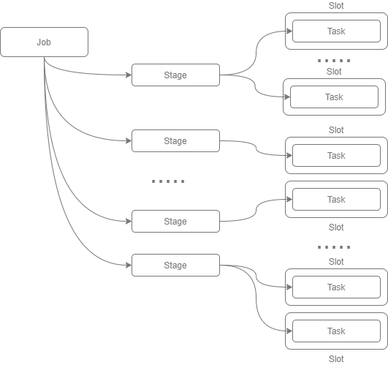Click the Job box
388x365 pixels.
(x=44, y=42)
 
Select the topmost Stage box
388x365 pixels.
(x=175, y=75)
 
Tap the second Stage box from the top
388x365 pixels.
(x=175, y=140)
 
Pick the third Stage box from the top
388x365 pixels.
(x=175, y=221)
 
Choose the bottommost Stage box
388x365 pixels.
(x=175, y=265)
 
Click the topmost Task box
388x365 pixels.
(x=336, y=31)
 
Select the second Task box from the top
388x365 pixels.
(x=334, y=97)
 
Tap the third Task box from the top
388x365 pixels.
(x=336, y=155)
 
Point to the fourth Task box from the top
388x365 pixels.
(x=336, y=199)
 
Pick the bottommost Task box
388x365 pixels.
(x=336, y=331)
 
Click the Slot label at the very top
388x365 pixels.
(x=336, y=6)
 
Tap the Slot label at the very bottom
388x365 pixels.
(x=336, y=358)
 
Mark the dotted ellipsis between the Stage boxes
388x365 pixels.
(x=169, y=181)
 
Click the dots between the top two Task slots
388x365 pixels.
(x=334, y=61)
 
